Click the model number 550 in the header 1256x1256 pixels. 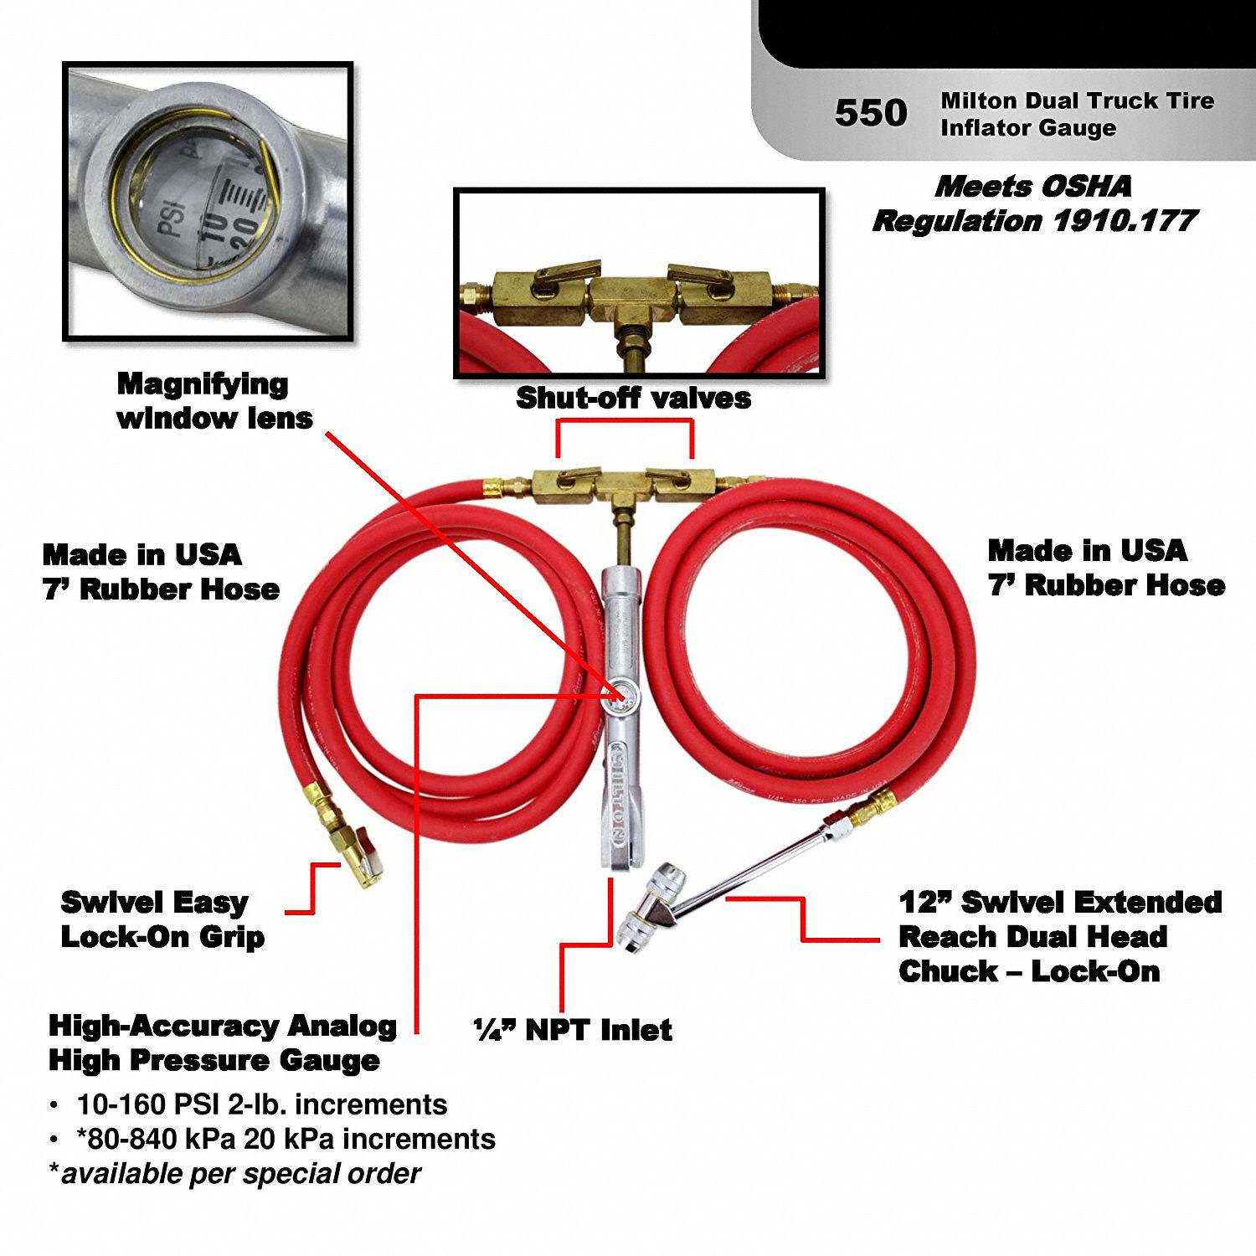coord(870,113)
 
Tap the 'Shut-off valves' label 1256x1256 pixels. coord(633,398)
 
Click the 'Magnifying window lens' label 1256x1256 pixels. coord(214,401)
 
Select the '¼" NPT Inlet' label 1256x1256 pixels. coord(573,1030)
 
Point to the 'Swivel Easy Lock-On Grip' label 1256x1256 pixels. coord(162,919)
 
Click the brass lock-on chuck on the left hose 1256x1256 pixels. coord(355,855)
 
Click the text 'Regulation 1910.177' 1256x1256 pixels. coord(1035,221)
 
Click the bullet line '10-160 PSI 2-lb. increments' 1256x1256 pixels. coord(261,1104)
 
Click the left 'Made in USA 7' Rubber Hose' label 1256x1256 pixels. coord(160,572)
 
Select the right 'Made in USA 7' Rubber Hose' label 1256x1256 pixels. coord(1105,568)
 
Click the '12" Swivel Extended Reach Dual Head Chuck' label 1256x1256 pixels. coord(1059,936)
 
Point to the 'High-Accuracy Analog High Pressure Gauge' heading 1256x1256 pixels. coord(222,1042)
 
